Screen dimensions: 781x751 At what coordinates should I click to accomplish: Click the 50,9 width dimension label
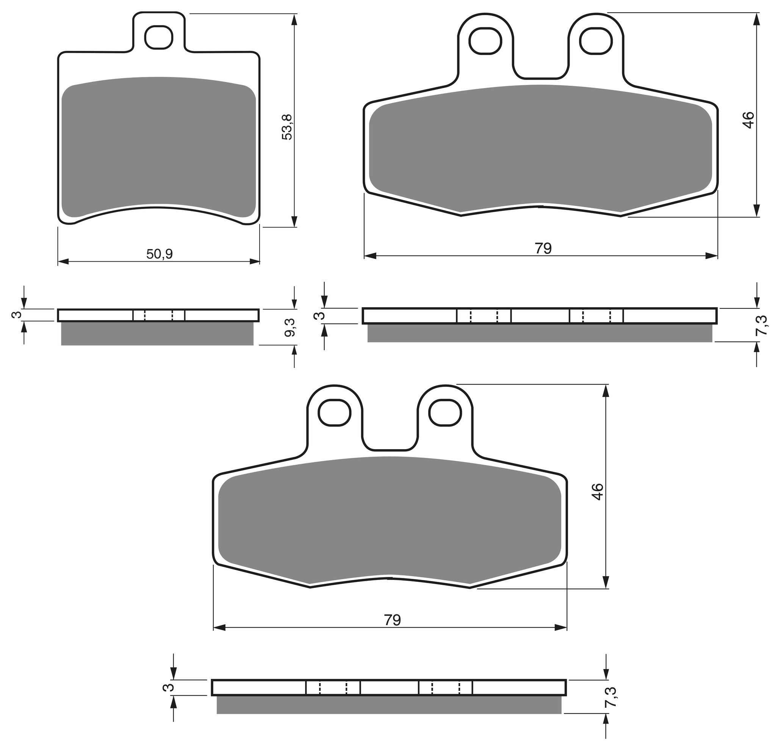160,254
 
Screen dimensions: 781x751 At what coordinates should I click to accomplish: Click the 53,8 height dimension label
286,127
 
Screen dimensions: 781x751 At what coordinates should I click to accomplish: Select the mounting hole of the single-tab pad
159,37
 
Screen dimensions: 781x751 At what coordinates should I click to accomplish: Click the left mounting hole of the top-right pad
485,41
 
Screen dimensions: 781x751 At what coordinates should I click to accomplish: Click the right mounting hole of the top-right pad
596,41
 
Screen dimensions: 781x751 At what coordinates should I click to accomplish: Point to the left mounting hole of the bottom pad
334,412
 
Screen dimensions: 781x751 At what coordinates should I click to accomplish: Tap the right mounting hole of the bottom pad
445,412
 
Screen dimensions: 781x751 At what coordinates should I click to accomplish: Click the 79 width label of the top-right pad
543,248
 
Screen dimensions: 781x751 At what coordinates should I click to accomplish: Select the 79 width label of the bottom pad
392,620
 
